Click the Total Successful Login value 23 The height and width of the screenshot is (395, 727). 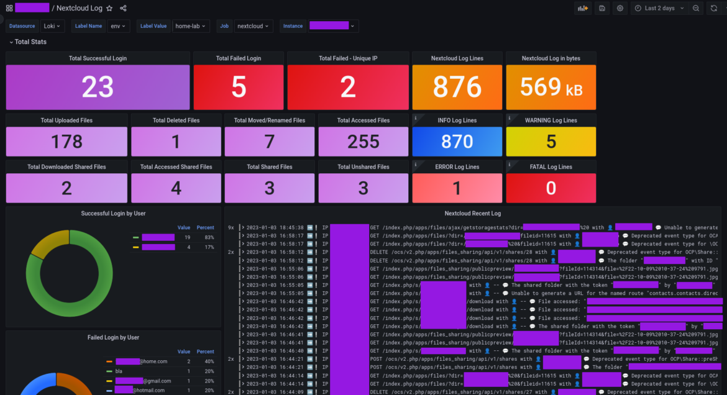(98, 88)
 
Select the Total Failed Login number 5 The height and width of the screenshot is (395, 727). (239, 88)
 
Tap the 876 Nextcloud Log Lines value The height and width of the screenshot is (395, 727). (457, 88)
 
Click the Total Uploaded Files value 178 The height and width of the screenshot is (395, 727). (66, 142)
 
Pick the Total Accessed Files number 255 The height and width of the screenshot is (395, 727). (363, 142)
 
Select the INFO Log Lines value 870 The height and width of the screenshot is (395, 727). (457, 142)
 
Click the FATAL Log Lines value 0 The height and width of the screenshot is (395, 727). (551, 188)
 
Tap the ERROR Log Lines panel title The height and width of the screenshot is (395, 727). (457, 166)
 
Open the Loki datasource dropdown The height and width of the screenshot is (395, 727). (53, 26)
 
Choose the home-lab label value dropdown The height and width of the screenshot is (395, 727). (192, 26)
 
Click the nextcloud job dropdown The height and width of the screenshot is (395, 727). (254, 26)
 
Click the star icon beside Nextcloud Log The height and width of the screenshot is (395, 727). (109, 8)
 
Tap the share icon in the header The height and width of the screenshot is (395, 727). (123, 8)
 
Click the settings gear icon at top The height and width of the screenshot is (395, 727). (620, 8)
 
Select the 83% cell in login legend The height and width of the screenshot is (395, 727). (209, 237)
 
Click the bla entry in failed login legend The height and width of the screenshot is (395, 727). (119, 371)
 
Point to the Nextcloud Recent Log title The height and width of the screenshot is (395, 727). (472, 213)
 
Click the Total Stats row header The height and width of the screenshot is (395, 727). (30, 42)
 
